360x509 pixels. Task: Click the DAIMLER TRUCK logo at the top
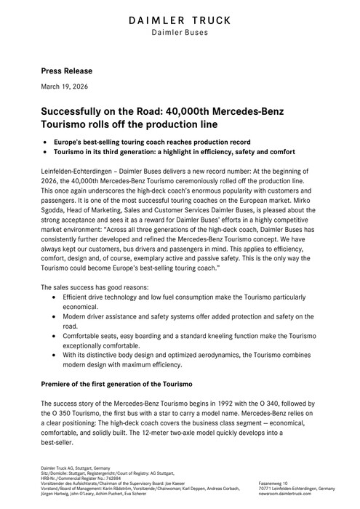[180, 20]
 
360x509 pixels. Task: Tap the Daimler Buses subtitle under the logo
[180, 33]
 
